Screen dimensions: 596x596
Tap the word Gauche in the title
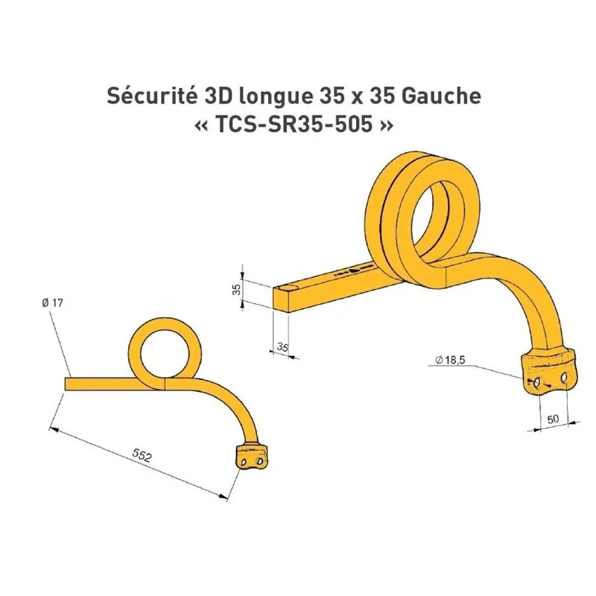coord(440,96)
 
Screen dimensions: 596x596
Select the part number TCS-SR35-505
coord(294,124)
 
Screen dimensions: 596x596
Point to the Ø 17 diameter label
coord(52,303)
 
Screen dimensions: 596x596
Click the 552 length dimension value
coord(142,455)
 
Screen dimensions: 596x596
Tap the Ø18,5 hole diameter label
coord(450,360)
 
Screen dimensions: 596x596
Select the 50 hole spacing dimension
coord(553,419)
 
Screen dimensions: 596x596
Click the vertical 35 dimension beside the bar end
coord(236,290)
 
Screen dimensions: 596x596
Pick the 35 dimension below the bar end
coord(282,347)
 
